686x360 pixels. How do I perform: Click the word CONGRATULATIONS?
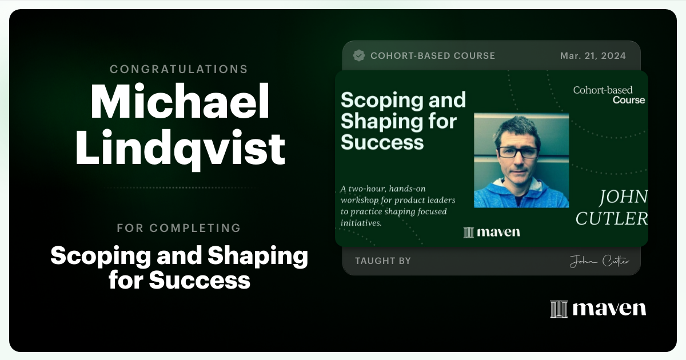point(178,69)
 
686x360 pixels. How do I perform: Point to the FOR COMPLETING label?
point(178,228)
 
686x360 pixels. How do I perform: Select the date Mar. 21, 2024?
point(593,55)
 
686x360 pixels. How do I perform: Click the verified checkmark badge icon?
point(359,55)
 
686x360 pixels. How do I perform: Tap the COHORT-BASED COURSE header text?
point(432,55)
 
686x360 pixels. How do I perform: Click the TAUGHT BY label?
point(382,261)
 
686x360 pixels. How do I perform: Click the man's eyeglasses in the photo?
point(517,152)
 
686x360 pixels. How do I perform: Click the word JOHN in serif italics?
point(623,198)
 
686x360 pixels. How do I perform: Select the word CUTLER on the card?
point(611,218)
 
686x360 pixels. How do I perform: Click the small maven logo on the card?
point(492,232)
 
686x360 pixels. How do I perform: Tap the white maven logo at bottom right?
point(597,309)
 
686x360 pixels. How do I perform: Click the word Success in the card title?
point(382,142)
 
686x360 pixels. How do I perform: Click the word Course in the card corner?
point(628,100)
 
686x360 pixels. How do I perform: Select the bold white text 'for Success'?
point(179,280)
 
